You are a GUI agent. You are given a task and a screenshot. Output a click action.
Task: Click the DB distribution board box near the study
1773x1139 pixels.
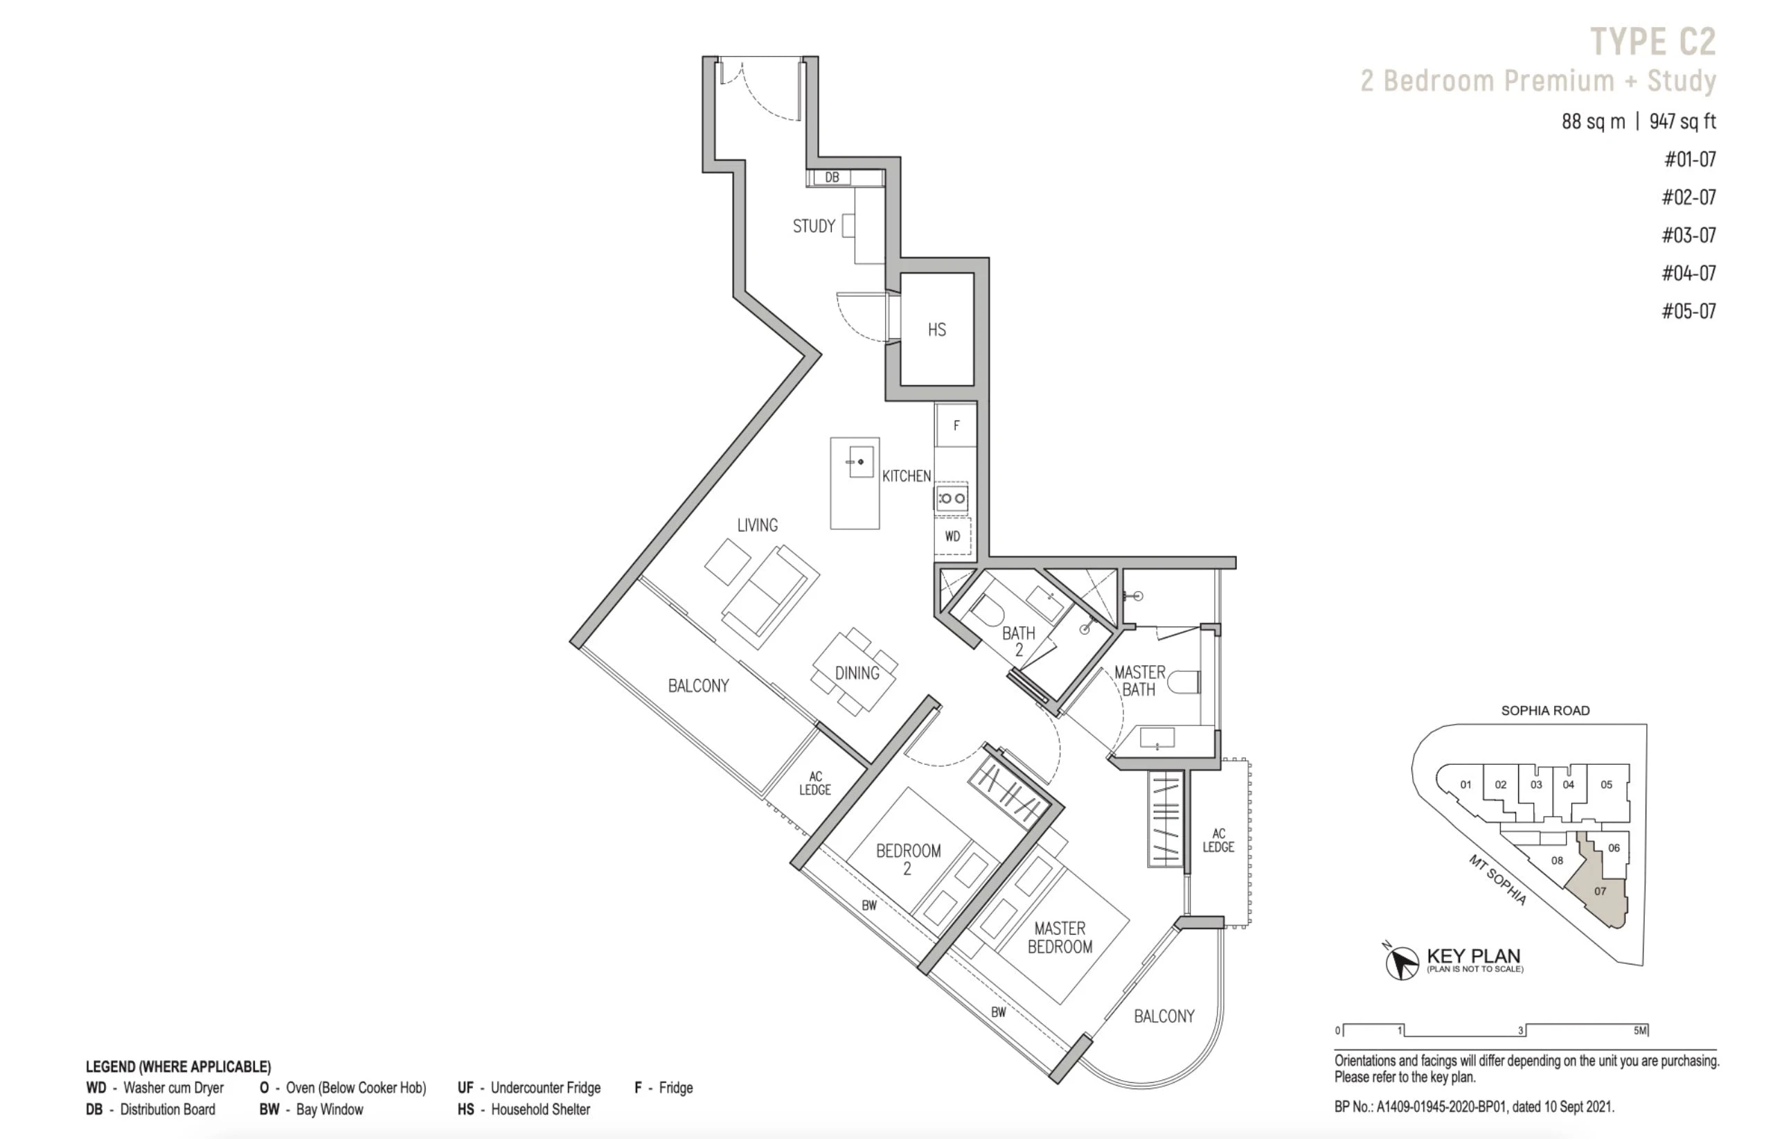point(832,177)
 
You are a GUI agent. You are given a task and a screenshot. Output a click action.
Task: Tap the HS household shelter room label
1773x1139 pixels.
point(937,330)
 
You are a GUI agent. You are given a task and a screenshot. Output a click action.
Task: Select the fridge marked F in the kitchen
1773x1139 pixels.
point(956,425)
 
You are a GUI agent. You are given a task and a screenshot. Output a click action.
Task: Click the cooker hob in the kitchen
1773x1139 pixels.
point(952,499)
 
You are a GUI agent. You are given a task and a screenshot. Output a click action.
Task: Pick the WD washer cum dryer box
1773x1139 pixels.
point(952,536)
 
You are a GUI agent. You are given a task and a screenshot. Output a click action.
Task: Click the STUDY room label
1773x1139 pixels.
point(814,227)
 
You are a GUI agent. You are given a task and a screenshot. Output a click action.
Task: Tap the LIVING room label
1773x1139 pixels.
point(757,525)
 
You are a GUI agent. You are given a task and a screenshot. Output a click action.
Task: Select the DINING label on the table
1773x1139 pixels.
point(857,673)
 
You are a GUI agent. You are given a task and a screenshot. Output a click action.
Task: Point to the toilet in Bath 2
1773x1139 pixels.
point(986,611)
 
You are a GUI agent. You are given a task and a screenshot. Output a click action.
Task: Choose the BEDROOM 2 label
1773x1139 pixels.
point(908,859)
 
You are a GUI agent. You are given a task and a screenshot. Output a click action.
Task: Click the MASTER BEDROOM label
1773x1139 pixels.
point(1060,937)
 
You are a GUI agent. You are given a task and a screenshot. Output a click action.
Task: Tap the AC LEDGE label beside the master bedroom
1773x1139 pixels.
point(1218,840)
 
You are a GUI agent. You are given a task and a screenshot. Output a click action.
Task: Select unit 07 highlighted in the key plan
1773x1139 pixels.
point(1599,891)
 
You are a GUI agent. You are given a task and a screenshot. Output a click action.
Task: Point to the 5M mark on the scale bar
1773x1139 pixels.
point(1640,1030)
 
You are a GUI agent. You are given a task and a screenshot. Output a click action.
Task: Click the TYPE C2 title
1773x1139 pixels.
point(1652,42)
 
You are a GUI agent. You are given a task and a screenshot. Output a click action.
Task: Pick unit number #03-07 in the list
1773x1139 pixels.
point(1689,235)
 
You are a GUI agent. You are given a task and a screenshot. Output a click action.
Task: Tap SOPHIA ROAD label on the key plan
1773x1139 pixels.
point(1544,711)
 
